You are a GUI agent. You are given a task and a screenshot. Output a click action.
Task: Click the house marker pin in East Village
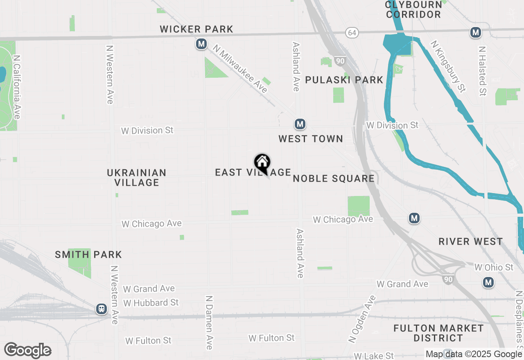click(262, 163)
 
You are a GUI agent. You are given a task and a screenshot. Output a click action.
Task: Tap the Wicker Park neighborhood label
click(196, 29)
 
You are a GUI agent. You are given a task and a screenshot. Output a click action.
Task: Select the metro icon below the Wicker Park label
click(201, 44)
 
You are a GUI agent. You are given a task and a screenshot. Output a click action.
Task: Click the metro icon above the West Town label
click(300, 124)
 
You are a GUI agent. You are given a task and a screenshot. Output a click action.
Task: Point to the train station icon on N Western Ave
click(102, 309)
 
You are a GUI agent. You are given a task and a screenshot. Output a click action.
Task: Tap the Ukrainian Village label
click(137, 178)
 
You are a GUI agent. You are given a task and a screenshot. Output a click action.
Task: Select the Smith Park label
click(88, 254)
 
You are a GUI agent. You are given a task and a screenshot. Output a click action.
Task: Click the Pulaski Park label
click(344, 80)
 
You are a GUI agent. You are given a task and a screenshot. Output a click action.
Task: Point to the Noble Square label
click(334, 178)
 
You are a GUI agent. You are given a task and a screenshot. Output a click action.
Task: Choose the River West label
click(471, 241)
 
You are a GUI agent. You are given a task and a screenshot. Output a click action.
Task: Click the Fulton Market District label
click(438, 333)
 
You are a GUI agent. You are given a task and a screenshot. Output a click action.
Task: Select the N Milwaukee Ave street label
click(240, 70)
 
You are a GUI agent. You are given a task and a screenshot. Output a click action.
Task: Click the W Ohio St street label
click(494, 267)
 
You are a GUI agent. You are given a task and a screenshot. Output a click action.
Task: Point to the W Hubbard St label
click(151, 303)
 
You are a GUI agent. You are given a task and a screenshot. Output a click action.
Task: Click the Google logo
click(28, 350)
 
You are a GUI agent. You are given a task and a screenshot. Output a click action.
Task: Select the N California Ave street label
click(17, 87)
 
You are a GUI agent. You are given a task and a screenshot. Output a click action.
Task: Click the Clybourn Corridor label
click(413, 9)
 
